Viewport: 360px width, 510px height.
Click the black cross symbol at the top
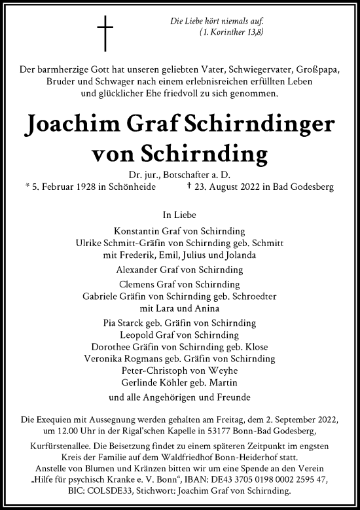coord(105,34)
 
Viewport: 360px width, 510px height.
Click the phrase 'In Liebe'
coord(179,213)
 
